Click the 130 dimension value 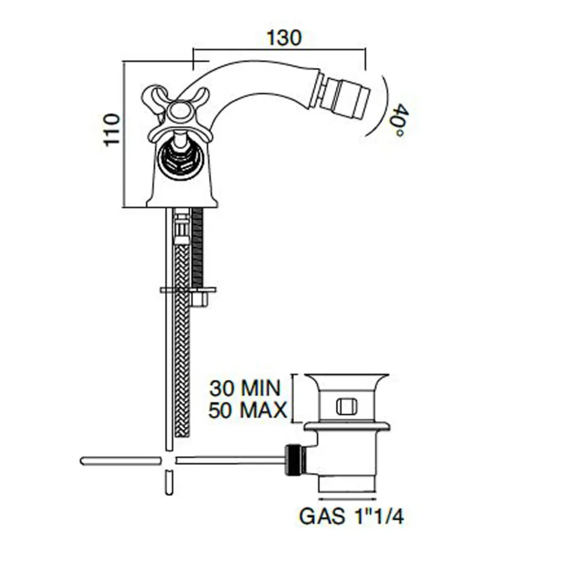(x=284, y=38)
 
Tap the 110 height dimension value (x=111, y=130)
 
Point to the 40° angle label (x=397, y=120)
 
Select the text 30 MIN (x=245, y=388)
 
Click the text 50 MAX (x=248, y=410)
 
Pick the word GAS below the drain (x=321, y=516)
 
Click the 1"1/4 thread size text (x=376, y=516)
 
